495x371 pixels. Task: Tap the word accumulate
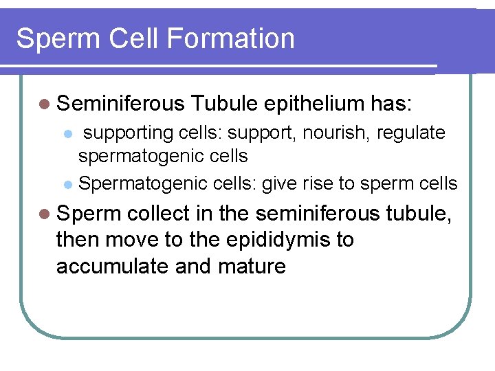click(x=113, y=266)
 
